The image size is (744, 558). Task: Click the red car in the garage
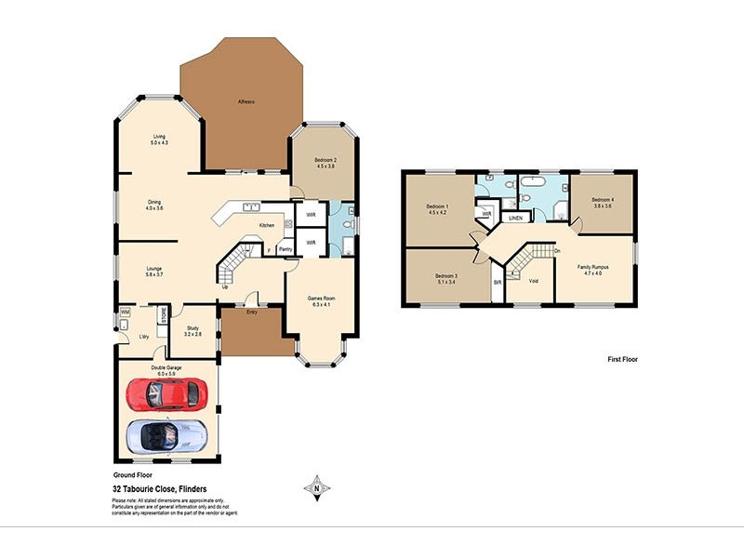pyautogui.click(x=164, y=394)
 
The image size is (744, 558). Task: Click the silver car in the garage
pyautogui.click(x=166, y=434)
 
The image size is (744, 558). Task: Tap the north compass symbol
pyautogui.click(x=317, y=485)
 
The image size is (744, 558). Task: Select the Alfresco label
pyautogui.click(x=246, y=100)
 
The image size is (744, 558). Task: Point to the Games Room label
pyautogui.click(x=322, y=299)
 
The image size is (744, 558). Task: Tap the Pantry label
pyautogui.click(x=286, y=248)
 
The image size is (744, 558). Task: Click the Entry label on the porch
pyautogui.click(x=252, y=312)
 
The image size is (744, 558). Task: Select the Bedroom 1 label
pyautogui.click(x=437, y=206)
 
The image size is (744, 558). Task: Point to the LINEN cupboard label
pyautogui.click(x=514, y=218)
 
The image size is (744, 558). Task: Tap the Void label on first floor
pyautogui.click(x=533, y=280)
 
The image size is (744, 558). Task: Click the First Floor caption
pyautogui.click(x=622, y=359)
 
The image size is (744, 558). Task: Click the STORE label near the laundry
pyautogui.click(x=163, y=315)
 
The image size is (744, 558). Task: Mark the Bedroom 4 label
pyautogui.click(x=603, y=200)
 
